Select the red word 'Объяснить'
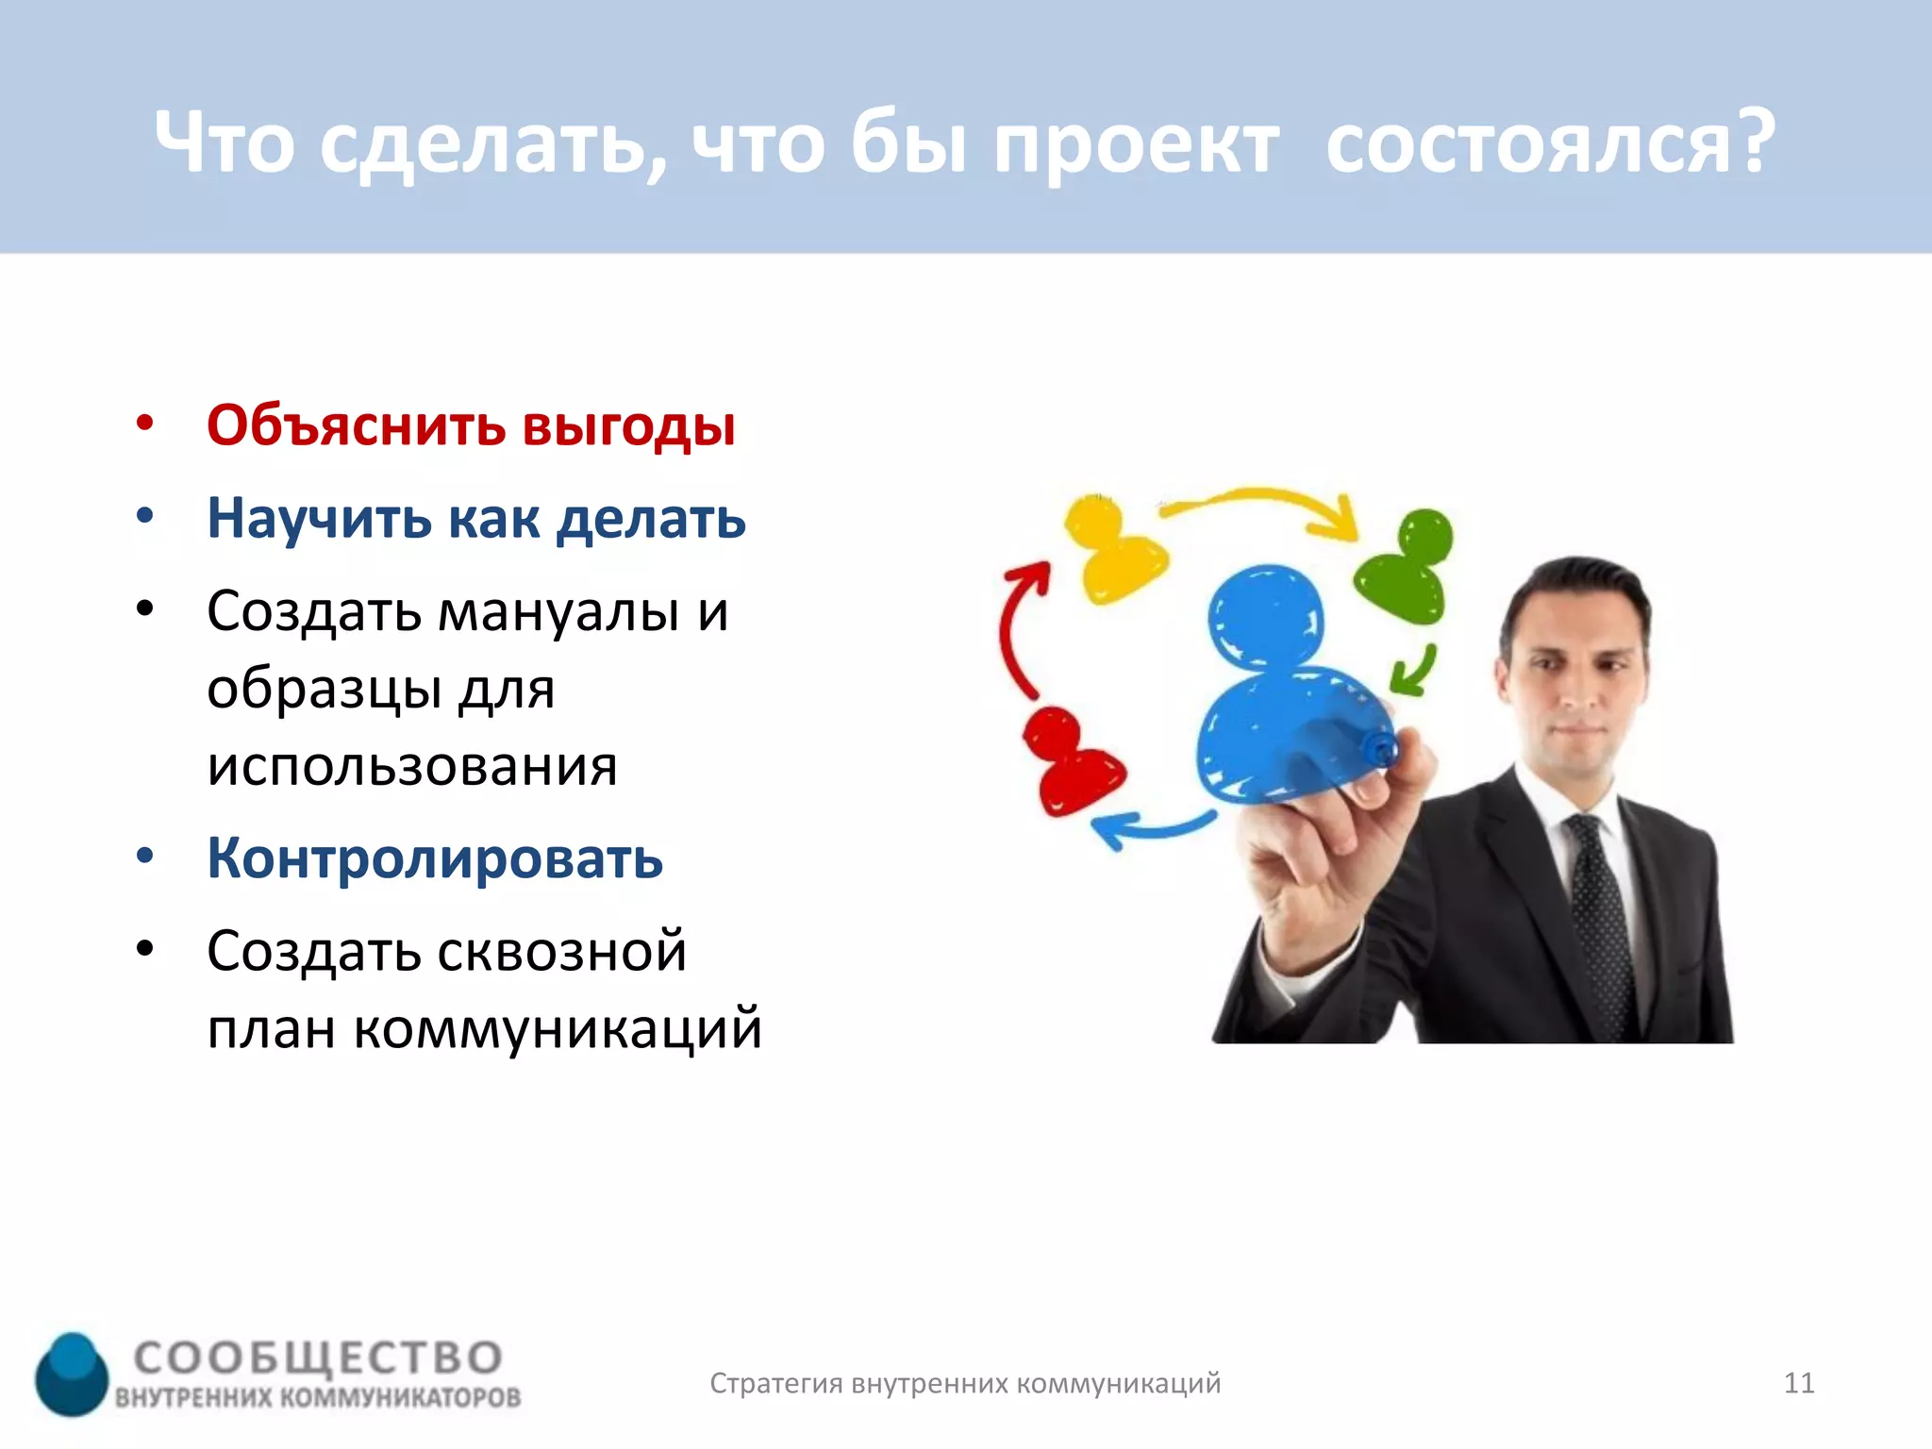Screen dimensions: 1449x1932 coord(356,425)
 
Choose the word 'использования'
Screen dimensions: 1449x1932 coord(412,765)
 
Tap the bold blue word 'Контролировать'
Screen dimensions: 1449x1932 coord(435,859)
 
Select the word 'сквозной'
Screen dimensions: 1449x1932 coord(562,951)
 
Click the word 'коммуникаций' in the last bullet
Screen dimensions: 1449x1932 coord(558,1028)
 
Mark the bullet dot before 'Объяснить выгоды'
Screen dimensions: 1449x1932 coord(144,424)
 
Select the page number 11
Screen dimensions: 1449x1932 coord(1798,1383)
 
